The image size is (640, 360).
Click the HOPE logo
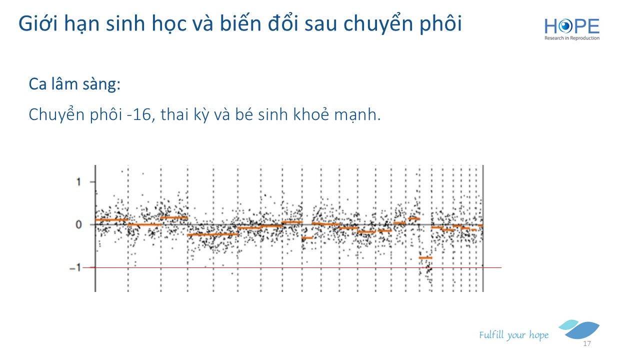click(x=571, y=29)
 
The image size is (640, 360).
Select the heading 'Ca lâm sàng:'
click(x=74, y=84)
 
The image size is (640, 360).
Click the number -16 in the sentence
click(x=138, y=114)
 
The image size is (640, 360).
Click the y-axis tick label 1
click(x=78, y=182)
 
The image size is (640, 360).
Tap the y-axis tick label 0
click(x=78, y=224)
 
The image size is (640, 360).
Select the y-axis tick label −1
click(x=75, y=267)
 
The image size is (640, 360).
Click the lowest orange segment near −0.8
click(x=425, y=257)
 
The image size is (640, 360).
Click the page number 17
click(x=587, y=343)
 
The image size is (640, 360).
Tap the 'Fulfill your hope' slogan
click(x=513, y=335)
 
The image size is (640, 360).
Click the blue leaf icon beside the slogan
click(x=579, y=329)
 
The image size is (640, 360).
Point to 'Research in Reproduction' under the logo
click(x=571, y=38)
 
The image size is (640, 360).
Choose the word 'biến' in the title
click(x=240, y=23)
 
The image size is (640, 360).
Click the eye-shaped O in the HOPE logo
click(x=565, y=26)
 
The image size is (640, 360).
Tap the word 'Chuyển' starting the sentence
click(x=56, y=115)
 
